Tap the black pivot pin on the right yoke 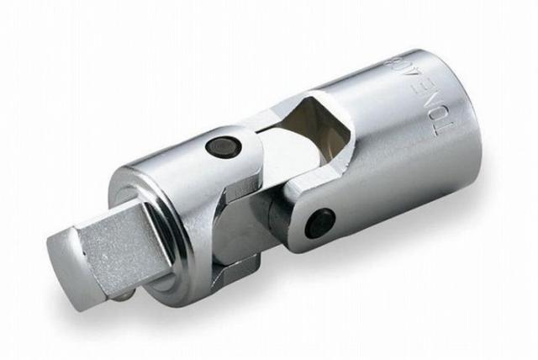pyautogui.click(x=322, y=222)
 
